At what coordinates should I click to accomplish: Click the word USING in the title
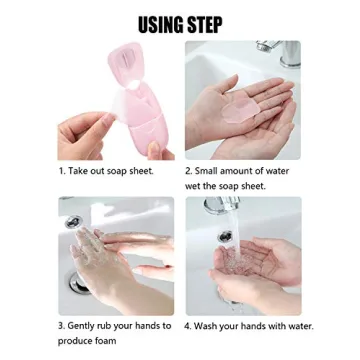[x=159, y=24]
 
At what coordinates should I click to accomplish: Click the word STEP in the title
[x=204, y=24]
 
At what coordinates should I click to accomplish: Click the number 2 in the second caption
[x=188, y=171]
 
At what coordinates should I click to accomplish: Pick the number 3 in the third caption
[x=60, y=326]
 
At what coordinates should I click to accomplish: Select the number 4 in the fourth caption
[x=188, y=326]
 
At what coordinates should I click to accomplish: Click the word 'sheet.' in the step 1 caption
[x=139, y=171]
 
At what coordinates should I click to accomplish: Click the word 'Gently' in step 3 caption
[x=83, y=326]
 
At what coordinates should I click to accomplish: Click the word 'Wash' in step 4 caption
[x=209, y=326]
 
